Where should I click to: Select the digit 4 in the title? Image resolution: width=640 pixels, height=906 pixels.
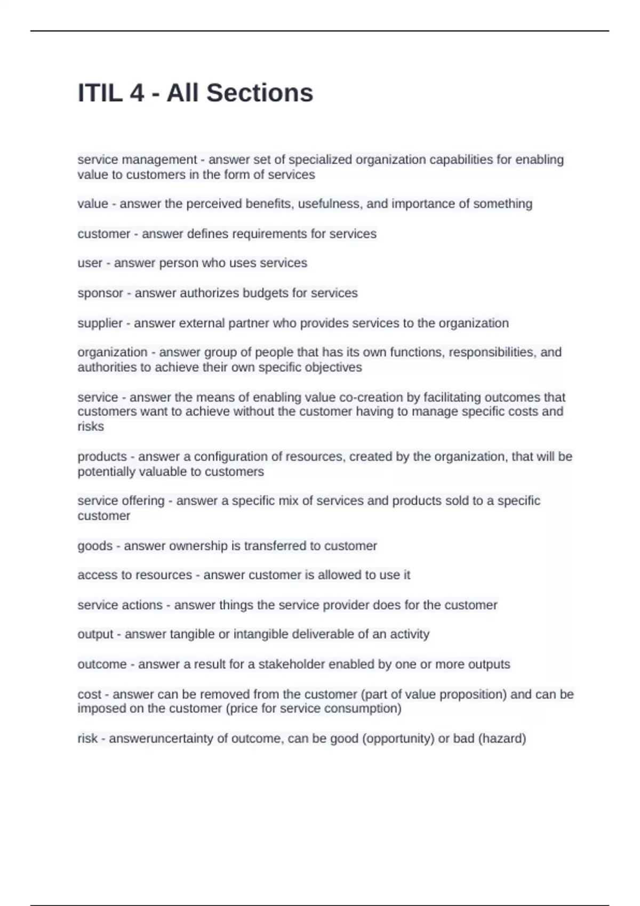click(x=137, y=93)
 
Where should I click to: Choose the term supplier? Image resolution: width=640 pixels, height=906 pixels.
click(x=100, y=323)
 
